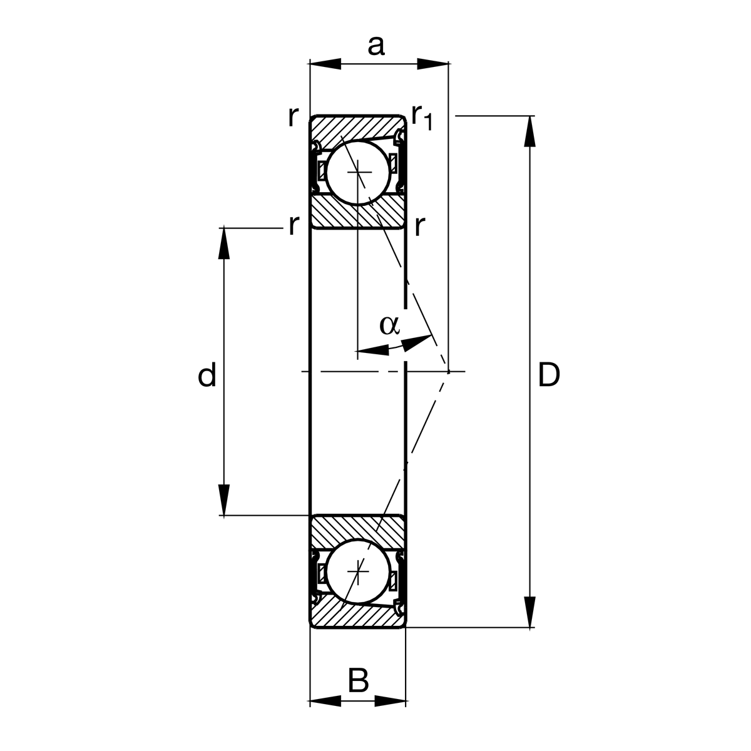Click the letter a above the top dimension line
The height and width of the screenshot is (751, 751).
(375, 46)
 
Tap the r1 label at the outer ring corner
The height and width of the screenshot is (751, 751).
(422, 117)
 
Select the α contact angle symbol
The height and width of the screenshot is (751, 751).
(389, 325)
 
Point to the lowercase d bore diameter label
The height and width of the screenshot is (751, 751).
(207, 375)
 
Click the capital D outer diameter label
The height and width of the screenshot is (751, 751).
(548, 375)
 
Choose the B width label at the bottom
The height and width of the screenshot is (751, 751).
(358, 680)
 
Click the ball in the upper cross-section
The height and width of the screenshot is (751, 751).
(357, 172)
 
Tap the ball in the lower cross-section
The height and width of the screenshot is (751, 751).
(357, 570)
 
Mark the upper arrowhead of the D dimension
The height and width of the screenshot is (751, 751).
(530, 131)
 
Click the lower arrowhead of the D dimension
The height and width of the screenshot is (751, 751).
(530, 611)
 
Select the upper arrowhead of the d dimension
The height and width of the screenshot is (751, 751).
(224, 243)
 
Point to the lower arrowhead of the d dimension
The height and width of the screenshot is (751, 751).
(224, 500)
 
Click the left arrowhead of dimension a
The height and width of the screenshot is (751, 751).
(325, 63)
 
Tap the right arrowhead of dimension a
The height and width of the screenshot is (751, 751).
(432, 63)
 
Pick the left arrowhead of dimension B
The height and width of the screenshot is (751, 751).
(325, 701)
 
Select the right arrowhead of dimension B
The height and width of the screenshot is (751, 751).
(391, 701)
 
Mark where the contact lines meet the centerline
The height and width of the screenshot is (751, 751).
(448, 372)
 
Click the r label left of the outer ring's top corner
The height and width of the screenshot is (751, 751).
(292, 117)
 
